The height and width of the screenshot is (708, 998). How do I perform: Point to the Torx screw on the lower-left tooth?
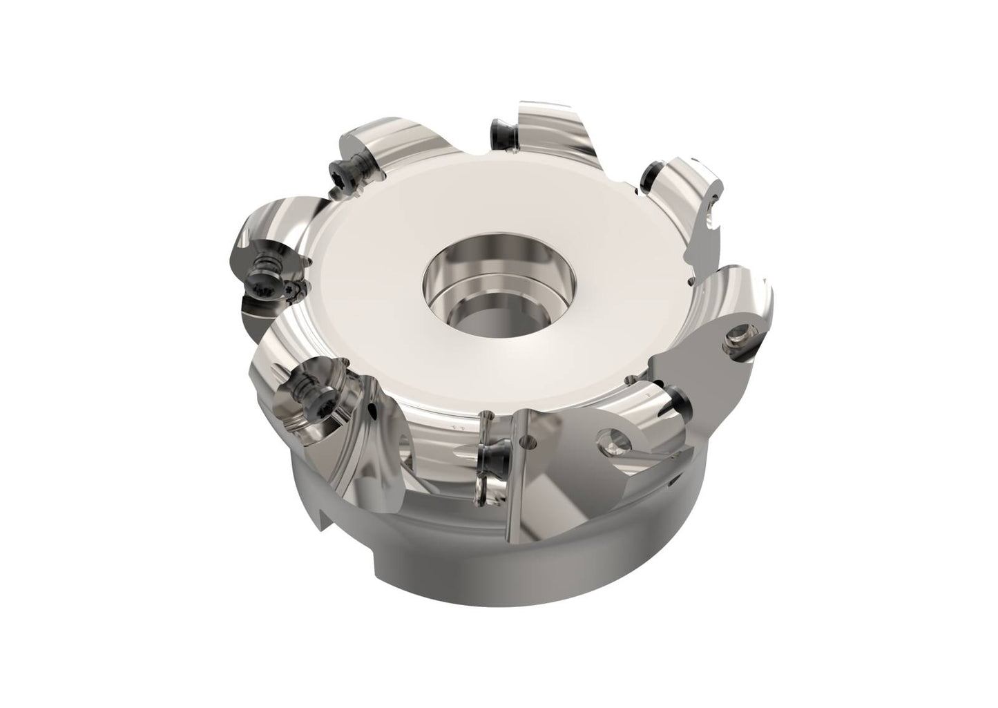coord(306,386)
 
